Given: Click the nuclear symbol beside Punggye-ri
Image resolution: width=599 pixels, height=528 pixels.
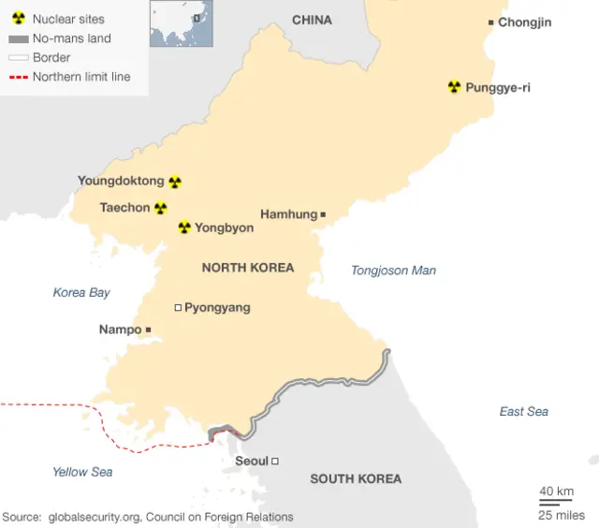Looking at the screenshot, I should pos(454,87).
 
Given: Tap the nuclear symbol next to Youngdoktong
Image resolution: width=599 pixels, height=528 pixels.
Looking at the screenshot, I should pos(175,182).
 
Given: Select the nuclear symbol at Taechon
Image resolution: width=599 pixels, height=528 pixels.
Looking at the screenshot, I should pos(161,208).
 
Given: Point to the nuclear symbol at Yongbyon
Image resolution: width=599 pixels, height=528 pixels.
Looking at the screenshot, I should pos(184,227).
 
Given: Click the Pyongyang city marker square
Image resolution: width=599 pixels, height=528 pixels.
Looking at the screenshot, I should pos(178,307).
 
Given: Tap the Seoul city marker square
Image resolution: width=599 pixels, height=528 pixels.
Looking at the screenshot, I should pos(275,461).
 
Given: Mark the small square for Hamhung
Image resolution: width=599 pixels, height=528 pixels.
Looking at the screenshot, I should pos(323,214).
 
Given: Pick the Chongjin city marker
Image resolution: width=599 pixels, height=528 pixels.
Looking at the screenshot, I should pos(491,22).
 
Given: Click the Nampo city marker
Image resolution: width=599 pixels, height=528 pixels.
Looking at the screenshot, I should pos(148,330).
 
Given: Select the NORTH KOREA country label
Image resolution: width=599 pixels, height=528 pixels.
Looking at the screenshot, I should pos(248,268).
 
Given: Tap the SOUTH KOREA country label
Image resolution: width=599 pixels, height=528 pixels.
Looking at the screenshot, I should pos(356,478).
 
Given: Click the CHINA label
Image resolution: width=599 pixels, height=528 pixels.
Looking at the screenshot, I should pos(312,20).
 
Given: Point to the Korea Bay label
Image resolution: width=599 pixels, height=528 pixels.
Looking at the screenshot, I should pos(81,292).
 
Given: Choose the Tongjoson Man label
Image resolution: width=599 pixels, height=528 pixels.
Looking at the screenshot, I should pos(393,271).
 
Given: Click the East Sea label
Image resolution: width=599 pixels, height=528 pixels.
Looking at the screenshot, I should pos(524,411).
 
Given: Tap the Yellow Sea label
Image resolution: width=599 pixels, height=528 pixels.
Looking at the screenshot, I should pos(82,472).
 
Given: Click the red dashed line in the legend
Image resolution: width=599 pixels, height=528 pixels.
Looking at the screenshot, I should pos(18,77).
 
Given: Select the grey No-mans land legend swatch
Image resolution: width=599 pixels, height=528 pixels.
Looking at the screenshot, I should pos(18,38).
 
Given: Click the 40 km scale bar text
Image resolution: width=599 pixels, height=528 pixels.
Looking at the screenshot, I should pos(556,491).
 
